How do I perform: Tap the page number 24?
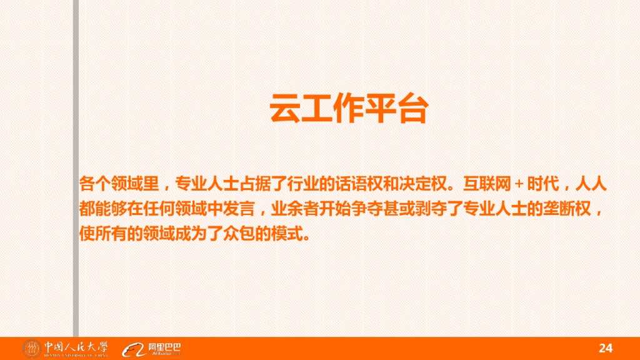[606, 348]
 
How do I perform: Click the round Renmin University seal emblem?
[31, 348]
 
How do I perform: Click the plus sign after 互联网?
[518, 185]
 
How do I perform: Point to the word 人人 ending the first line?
[590, 185]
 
